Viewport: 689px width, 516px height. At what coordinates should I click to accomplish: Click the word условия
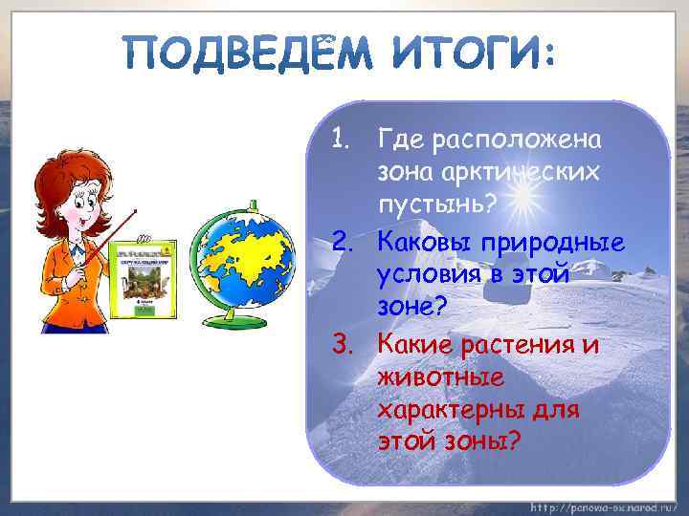(433, 274)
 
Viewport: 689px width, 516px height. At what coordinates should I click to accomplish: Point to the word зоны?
(488, 442)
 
